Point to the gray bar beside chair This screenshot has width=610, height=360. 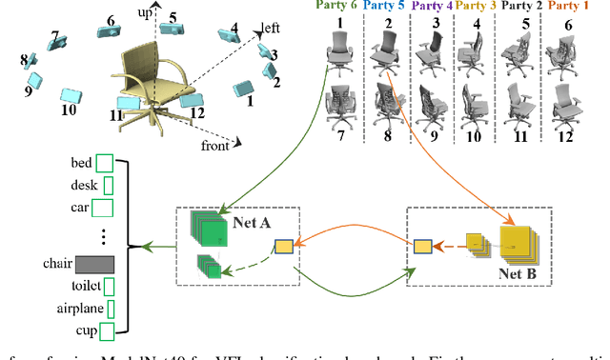(94, 263)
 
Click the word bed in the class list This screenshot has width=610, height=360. (80, 162)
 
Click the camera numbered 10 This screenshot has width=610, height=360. (71, 96)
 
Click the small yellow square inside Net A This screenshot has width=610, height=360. (283, 248)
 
